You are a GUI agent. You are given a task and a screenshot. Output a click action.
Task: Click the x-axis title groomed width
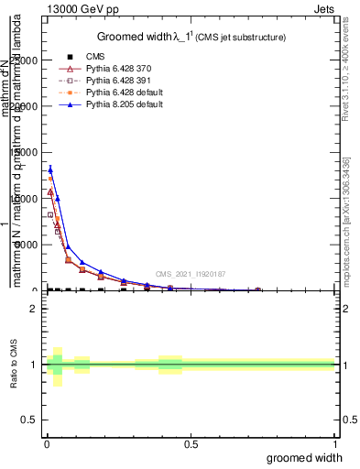click(305, 457)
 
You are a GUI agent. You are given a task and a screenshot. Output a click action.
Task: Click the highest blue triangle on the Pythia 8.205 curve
click(50, 169)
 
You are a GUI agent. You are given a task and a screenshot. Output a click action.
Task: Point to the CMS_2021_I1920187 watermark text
click(191, 273)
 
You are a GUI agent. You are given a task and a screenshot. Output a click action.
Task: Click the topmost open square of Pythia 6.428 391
click(50, 215)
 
